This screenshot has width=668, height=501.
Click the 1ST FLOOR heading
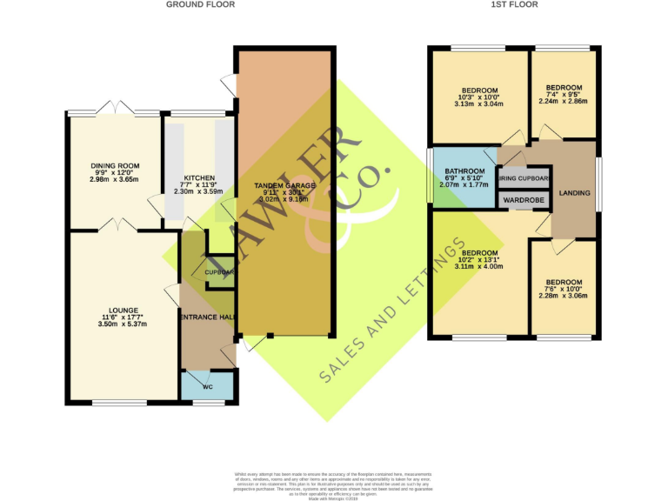(514, 5)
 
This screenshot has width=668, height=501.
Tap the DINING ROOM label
(116, 165)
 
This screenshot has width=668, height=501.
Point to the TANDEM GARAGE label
(284, 186)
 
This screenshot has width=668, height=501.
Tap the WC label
(208, 386)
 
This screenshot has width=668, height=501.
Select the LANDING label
(574, 193)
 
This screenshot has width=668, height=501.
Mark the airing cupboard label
(524, 179)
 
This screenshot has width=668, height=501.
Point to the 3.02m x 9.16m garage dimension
(284, 200)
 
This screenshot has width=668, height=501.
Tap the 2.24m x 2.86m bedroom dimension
(564, 101)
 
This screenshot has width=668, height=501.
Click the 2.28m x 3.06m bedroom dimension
(564, 296)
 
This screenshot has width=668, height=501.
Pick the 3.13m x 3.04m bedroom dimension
(479, 104)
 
